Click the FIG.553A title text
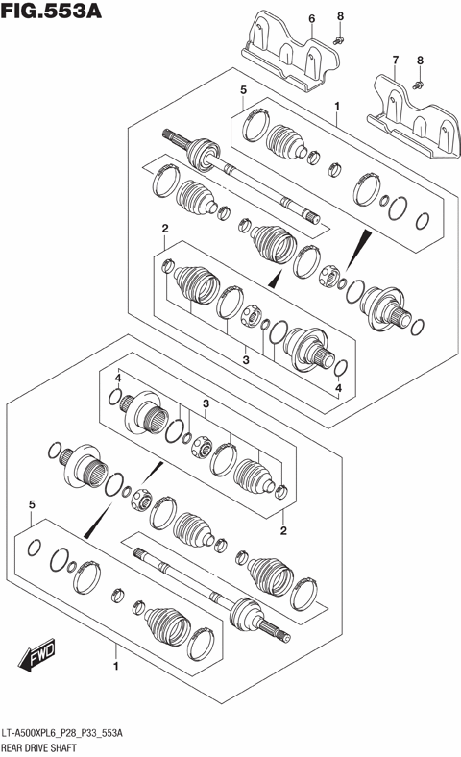[53, 12]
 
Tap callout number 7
[394, 61]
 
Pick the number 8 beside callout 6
[340, 17]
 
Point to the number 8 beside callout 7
[419, 61]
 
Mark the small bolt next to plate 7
[419, 85]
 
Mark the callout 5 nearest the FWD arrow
[32, 504]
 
